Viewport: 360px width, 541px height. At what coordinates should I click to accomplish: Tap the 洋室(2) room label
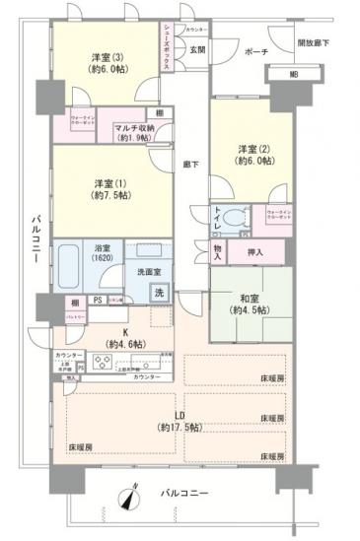247,149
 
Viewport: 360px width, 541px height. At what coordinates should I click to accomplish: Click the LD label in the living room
178,416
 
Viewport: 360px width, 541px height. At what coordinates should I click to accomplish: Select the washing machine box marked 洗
158,292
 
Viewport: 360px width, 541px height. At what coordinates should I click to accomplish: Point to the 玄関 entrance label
196,49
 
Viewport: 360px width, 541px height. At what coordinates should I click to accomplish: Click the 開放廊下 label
317,43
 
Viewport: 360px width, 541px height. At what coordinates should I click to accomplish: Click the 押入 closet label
254,253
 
